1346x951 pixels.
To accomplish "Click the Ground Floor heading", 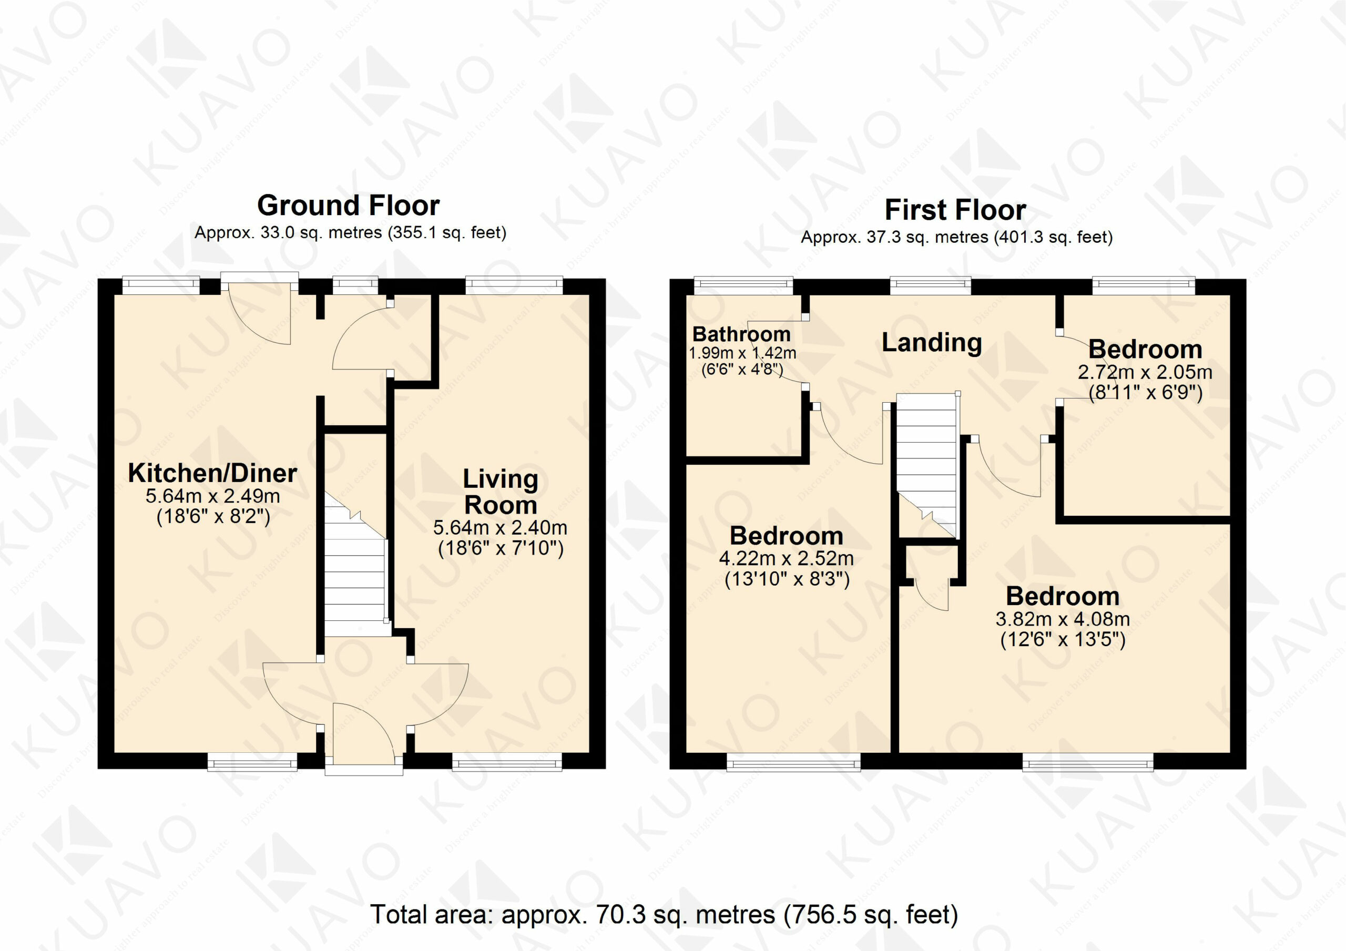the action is pyautogui.click(x=348, y=206).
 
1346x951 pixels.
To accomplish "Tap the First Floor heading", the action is pyautogui.click(x=955, y=210).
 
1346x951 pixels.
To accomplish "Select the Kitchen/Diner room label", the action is pyautogui.click(x=213, y=473).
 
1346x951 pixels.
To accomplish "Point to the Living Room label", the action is pyautogui.click(x=501, y=492).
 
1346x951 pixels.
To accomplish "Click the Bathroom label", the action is pyautogui.click(x=741, y=334).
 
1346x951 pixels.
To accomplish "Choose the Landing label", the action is pyautogui.click(x=932, y=342).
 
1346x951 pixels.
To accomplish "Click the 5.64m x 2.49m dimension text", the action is pyautogui.click(x=213, y=496).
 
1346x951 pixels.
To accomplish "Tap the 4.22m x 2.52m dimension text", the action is pyautogui.click(x=787, y=558).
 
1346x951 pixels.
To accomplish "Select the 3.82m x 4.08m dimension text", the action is pyautogui.click(x=1063, y=619).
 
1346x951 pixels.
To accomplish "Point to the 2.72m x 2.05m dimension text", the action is pyautogui.click(x=1145, y=372).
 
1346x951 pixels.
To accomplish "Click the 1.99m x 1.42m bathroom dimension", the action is pyautogui.click(x=742, y=353).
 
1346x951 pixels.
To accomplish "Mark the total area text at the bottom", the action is pyautogui.click(x=664, y=915).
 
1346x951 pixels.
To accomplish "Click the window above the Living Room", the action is pyautogui.click(x=514, y=285).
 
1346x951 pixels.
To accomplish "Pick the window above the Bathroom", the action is pyautogui.click(x=743, y=285).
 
